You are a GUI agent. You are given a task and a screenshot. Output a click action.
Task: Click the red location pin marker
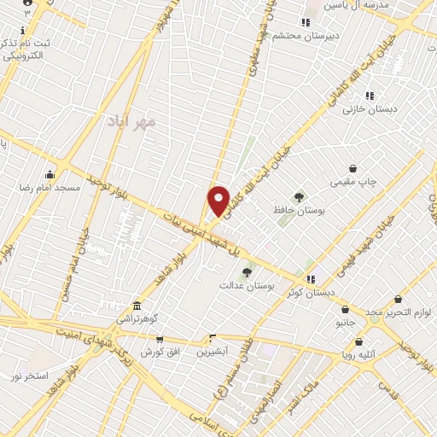pos(218,201)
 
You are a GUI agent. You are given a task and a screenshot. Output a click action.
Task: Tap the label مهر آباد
pos(132,122)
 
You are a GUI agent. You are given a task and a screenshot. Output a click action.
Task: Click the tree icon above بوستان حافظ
pos(299,197)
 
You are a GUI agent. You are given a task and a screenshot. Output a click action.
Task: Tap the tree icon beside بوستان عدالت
pos(248,272)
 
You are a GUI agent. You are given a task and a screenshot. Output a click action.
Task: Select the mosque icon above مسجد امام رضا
pos(50,175)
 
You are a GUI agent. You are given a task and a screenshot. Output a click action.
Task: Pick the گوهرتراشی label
pos(137,318)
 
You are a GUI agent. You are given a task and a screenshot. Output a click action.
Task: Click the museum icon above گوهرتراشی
pos(137,306)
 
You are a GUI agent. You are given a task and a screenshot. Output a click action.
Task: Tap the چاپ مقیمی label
pos(353,181)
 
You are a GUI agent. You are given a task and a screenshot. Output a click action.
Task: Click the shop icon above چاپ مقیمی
pos(353,169)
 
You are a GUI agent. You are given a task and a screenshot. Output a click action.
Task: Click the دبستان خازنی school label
pos(366,108)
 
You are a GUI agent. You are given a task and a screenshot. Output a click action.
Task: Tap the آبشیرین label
pos(213,351)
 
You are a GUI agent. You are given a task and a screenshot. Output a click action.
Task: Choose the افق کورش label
pos(158,352)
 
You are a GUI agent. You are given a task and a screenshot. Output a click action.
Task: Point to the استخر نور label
pos(30,376)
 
